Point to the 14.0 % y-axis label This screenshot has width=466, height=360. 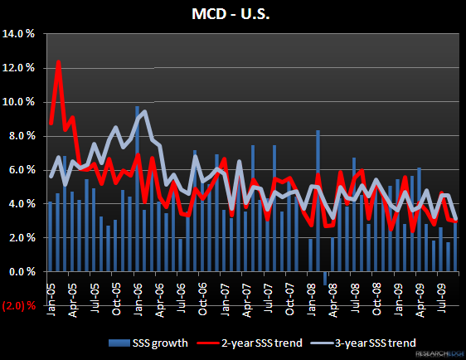coord(21,34)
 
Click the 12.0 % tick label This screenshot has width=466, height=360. coord(21,68)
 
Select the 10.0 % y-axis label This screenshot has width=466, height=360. coord(21,102)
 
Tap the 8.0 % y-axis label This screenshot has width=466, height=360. coord(22,136)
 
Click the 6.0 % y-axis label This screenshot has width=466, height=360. coord(22,170)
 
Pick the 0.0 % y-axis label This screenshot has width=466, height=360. coord(22,272)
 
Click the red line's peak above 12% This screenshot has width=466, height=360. coord(58,61)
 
